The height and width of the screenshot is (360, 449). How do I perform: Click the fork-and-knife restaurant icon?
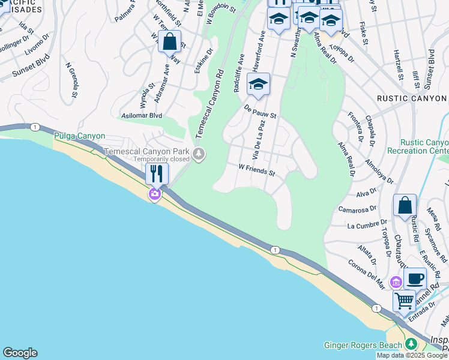[157, 174]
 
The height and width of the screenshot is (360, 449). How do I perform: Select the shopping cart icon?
[405, 299]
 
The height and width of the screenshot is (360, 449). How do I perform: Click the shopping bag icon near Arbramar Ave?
[170, 42]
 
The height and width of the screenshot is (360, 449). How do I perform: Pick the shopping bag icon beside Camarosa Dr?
[405, 205]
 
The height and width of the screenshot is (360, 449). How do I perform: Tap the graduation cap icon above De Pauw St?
[258, 85]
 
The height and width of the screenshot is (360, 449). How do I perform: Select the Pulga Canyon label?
[80, 136]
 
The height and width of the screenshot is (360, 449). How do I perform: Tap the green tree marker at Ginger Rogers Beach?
[411, 344]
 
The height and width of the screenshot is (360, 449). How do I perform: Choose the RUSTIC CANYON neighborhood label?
[412, 98]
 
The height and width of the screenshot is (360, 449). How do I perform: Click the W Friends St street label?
[256, 170]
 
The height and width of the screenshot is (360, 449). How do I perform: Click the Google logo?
[20, 353]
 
